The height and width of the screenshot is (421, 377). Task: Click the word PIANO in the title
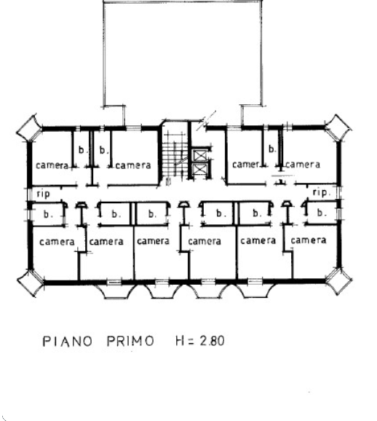pos(68,341)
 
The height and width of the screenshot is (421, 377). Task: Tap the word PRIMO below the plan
pos(131,341)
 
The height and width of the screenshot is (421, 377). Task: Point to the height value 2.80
pos(213,341)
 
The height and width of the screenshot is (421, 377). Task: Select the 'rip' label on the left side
pos(43,194)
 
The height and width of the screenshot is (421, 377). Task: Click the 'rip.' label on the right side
pos(321,192)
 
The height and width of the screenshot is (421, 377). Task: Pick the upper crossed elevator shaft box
pos(200,155)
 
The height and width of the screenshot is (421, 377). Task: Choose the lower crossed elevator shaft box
pos(200,169)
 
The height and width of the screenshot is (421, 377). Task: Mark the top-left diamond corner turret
pos(30,129)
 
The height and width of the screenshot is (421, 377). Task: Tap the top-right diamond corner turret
pos(338,127)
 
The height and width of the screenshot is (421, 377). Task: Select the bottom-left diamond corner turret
pos(30,283)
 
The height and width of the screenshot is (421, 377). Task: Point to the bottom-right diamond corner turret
pos(338,281)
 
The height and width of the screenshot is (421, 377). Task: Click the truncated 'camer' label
pos(246,165)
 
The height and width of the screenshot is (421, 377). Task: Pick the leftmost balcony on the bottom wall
pos(115,291)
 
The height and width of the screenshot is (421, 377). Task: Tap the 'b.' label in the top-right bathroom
pos(272,149)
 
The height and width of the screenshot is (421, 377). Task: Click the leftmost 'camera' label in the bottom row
pos(57,242)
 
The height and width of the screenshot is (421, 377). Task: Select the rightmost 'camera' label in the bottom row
pos(309,240)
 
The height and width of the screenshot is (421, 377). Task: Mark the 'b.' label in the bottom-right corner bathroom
pos(321,213)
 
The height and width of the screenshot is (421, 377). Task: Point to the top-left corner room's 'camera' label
pos(52,165)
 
